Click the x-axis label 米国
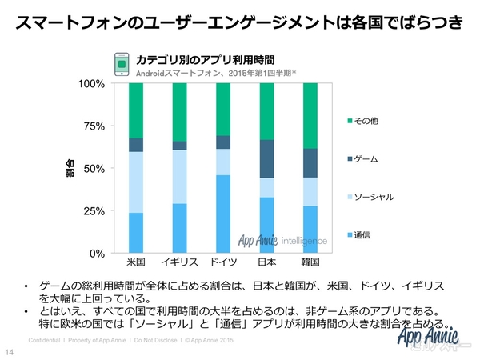[x=135, y=262]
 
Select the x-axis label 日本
[x=267, y=262]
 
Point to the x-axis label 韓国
[x=310, y=262]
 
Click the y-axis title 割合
[x=70, y=169]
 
